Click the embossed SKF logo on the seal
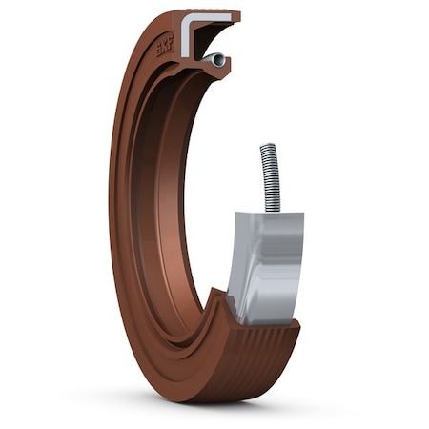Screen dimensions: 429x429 pyautogui.click(x=166, y=43)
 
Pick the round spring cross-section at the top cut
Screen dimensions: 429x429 pyautogui.click(x=219, y=60)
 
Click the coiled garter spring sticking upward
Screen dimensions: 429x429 pyautogui.click(x=269, y=176)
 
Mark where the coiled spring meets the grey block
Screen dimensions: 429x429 pyautogui.click(x=273, y=211)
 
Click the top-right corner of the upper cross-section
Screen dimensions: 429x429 pyautogui.click(x=238, y=13)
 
